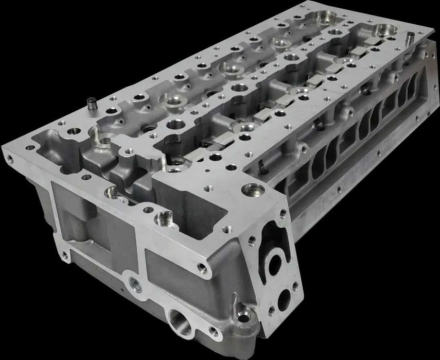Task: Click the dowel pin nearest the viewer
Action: (92, 102)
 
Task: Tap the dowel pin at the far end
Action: (410, 38)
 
